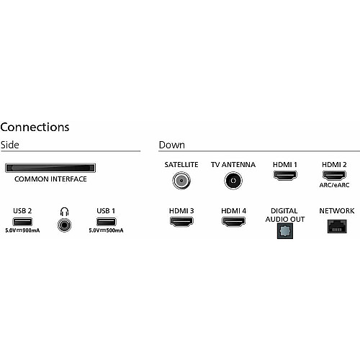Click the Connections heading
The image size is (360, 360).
pyautogui.click(x=35, y=127)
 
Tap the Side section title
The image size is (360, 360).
pyautogui.click(x=10, y=145)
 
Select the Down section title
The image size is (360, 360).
pyautogui.click(x=172, y=145)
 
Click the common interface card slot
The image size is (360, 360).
pyautogui.click(x=50, y=168)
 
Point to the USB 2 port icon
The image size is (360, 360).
pyautogui.click(x=22, y=222)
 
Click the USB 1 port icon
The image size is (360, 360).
pyautogui.click(x=106, y=222)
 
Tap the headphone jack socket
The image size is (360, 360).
pyautogui.click(x=64, y=225)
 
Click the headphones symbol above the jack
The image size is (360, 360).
pyautogui.click(x=64, y=212)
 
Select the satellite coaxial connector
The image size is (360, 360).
pyautogui.click(x=181, y=181)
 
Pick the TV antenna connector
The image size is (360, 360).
pyautogui.click(x=233, y=181)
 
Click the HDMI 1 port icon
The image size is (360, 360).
pyautogui.click(x=285, y=176)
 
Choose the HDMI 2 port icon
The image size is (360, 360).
pyautogui.click(x=334, y=176)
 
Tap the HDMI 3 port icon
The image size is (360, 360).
pyautogui.click(x=181, y=222)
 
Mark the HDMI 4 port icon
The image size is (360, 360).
pyautogui.click(x=233, y=222)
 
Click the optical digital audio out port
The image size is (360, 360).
pyautogui.click(x=285, y=231)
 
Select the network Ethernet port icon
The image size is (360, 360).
pyautogui.click(x=337, y=226)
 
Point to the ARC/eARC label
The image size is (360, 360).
pyautogui.click(x=334, y=185)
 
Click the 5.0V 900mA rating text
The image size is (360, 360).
pyautogui.click(x=22, y=230)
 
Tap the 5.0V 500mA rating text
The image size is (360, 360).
pyautogui.click(x=106, y=230)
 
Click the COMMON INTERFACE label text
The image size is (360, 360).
pyautogui.click(x=50, y=179)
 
